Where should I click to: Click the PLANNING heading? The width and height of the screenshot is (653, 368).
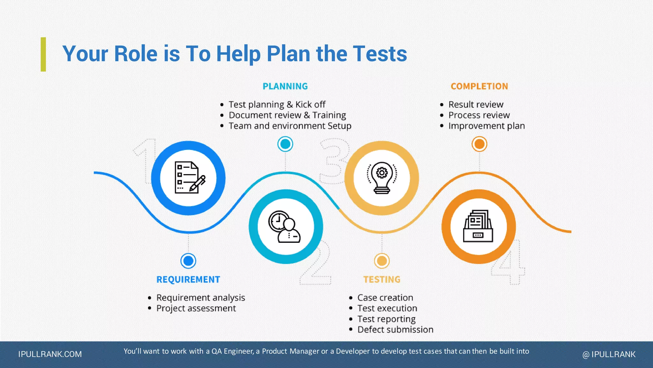(285, 86)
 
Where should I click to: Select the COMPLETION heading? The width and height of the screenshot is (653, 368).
(479, 86)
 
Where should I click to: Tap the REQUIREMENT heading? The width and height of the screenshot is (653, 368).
(188, 280)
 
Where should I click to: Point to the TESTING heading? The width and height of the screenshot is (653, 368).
(382, 280)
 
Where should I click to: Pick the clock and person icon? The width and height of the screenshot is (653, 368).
(285, 227)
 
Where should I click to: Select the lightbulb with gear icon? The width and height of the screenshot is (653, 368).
(382, 178)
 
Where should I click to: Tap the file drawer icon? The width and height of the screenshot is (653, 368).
(478, 227)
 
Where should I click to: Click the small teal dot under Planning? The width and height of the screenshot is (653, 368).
(285, 144)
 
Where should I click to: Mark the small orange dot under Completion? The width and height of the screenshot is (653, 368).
(479, 144)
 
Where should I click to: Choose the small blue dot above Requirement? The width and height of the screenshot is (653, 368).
(188, 261)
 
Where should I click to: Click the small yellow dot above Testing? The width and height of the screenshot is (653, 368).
(382, 261)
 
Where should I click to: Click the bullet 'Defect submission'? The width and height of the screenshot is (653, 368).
(395, 329)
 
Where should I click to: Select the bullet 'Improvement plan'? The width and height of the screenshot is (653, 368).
(486, 126)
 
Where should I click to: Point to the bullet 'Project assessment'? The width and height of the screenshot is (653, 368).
(196, 308)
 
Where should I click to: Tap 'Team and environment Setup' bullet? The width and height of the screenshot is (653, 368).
(290, 126)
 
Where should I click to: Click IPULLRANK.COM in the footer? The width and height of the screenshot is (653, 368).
(50, 354)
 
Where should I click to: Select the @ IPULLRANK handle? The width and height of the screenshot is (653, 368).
(609, 354)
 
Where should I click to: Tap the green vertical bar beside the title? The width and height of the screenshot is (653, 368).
(43, 54)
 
